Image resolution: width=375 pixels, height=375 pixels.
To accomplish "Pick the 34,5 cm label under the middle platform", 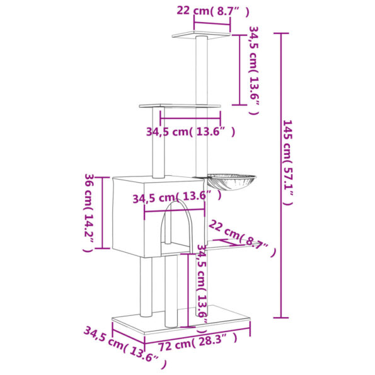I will (x=190, y=132).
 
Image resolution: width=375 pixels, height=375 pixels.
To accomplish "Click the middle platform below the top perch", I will (x=180, y=106).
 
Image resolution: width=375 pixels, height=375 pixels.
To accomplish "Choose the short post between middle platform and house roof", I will (x=158, y=142).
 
